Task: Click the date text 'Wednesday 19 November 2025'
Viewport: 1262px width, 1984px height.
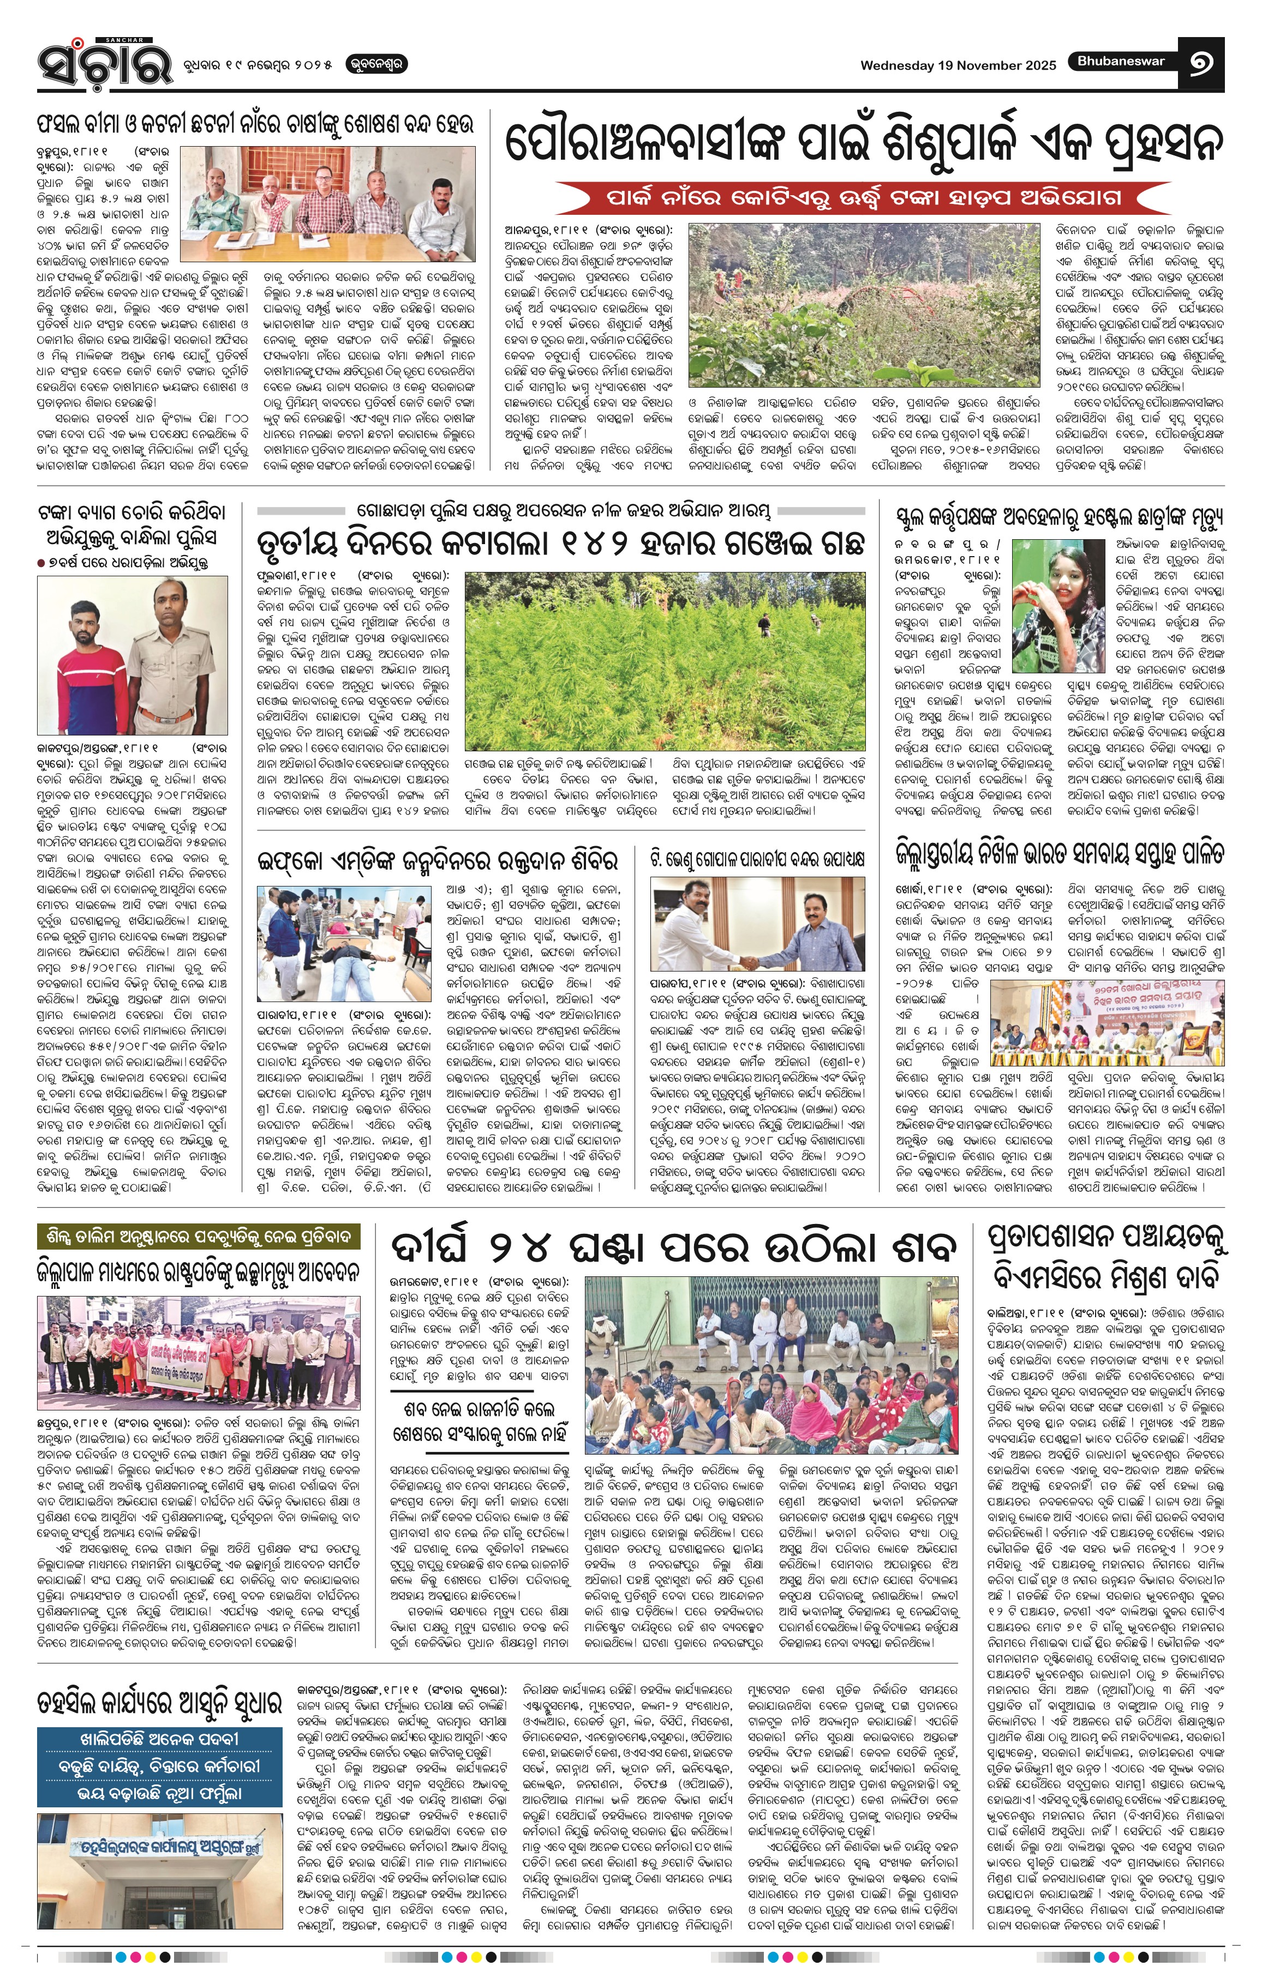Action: pyautogui.click(x=958, y=66)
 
